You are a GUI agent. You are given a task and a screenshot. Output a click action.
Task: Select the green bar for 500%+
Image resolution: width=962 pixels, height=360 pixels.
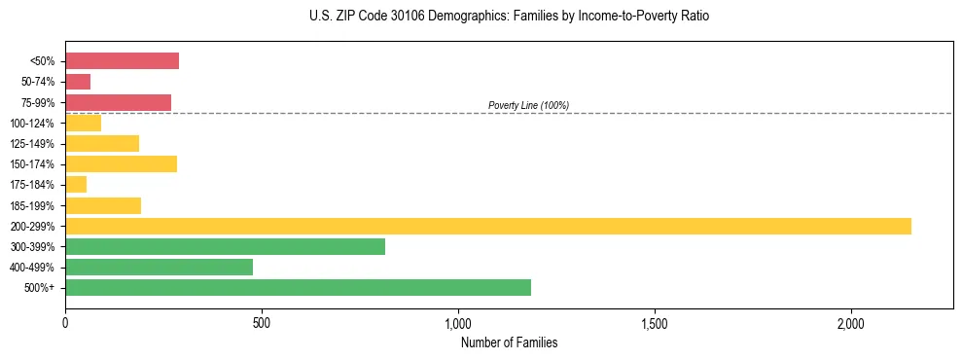coord(298,287)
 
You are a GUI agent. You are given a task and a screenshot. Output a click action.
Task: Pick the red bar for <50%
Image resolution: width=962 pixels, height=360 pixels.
coord(122,60)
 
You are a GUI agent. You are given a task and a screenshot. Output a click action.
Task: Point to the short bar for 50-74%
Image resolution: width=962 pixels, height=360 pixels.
coord(78,82)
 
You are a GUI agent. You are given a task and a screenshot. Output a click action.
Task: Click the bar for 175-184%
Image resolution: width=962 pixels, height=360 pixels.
coord(76,185)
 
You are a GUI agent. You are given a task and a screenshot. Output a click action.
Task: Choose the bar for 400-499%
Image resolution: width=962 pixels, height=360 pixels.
coord(159,267)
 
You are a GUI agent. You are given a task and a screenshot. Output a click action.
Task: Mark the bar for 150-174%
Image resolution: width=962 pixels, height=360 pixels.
coord(121,163)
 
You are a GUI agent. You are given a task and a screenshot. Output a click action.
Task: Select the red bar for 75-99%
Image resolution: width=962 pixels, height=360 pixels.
coord(118,102)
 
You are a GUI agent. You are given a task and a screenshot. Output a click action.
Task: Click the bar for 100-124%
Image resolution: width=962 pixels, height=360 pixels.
coord(83,123)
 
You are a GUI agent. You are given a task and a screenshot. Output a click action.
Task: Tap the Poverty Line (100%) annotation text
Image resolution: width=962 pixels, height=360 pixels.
coord(528,105)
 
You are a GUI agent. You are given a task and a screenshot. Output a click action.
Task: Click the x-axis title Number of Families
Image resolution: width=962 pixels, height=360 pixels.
coord(509,342)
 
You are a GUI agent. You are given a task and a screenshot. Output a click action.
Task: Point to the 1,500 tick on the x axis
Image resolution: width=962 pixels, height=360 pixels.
coord(655,323)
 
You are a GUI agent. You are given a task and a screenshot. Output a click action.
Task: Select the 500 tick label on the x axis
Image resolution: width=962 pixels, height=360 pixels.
coord(262,323)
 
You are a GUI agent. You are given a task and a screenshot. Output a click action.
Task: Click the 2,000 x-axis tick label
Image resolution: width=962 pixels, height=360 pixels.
coord(851,323)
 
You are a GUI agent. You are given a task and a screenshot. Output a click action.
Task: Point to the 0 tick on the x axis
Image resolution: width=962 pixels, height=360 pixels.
coord(65,323)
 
